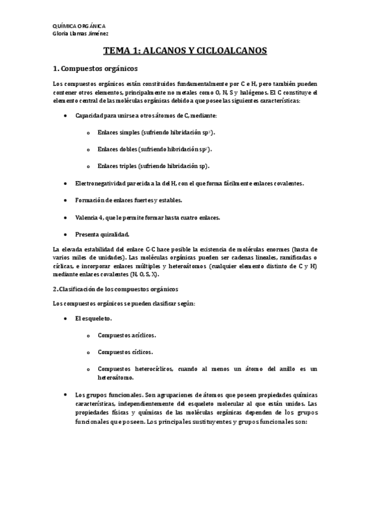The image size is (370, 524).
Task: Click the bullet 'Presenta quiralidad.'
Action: coord(103,234)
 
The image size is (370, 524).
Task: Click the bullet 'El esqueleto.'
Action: coord(93,318)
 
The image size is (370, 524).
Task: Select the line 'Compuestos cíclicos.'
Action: coord(124,352)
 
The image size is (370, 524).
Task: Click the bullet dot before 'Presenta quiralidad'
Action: coord(65,234)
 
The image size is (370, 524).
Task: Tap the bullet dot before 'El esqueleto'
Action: coord(65,318)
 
